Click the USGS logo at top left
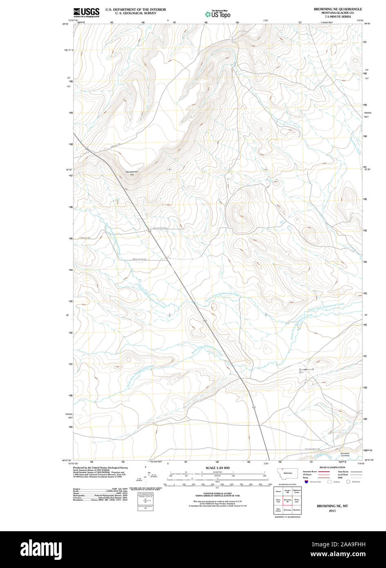[86, 12]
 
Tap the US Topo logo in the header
[218, 14]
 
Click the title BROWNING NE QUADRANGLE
[338, 9]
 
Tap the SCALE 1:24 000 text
[217, 467]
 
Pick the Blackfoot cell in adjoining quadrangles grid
[297, 510]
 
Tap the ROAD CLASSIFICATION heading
[332, 467]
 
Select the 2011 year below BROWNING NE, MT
[332, 511]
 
